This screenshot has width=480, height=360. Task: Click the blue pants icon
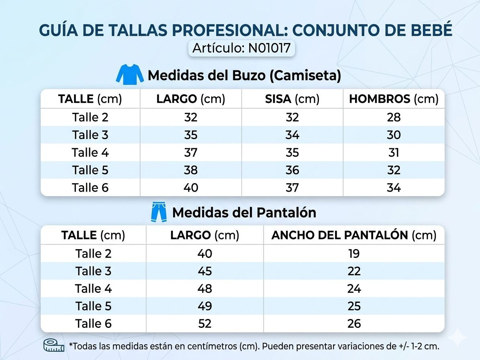tap(159, 213)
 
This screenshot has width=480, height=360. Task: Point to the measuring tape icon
tap(54, 345)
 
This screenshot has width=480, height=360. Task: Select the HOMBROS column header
tap(394, 99)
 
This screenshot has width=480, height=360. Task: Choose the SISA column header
tap(292, 99)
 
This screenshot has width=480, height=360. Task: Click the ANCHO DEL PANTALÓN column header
tap(354, 235)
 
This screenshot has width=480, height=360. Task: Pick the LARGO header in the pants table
tap(204, 235)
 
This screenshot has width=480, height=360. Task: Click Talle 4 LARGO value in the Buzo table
tap(191, 153)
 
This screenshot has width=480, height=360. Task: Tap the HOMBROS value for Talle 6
tap(394, 188)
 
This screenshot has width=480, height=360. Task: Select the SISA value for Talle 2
tap(292, 117)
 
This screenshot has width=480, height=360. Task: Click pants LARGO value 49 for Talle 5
tap(204, 306)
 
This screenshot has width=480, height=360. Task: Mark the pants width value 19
tap(354, 254)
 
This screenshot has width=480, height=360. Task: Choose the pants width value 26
tap(354, 323)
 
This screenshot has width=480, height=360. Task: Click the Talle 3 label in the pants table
tap(93, 271)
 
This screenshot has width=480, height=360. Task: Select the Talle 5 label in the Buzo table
tap(90, 170)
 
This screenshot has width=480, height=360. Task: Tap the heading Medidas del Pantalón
tap(244, 213)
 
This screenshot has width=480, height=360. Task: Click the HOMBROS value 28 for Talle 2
tap(394, 117)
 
